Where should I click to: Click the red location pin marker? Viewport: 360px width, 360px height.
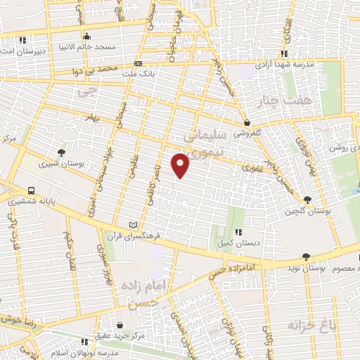181,165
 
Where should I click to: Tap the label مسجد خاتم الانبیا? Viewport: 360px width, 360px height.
86,47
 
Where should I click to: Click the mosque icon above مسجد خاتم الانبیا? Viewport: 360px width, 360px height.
86,37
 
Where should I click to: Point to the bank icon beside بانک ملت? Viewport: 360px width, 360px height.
138,63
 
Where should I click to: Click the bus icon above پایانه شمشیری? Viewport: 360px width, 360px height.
32,191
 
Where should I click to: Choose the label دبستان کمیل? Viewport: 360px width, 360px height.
240,242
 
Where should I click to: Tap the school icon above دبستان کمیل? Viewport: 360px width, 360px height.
239,232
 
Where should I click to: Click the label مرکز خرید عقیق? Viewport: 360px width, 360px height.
122,335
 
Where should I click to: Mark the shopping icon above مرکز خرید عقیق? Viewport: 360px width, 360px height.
122,325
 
